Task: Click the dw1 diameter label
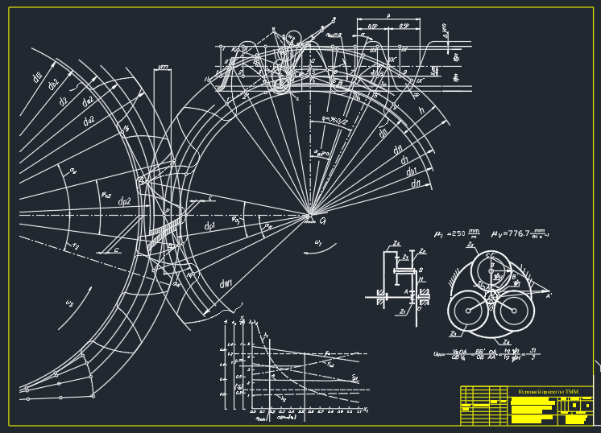[x=226, y=283]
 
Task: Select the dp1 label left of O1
[x=209, y=228]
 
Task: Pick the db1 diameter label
[x=412, y=171]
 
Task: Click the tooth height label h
[x=421, y=110]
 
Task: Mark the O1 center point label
[x=321, y=221]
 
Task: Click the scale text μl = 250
[x=452, y=234]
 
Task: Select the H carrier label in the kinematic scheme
[x=421, y=279]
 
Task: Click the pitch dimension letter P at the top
[x=388, y=15]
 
